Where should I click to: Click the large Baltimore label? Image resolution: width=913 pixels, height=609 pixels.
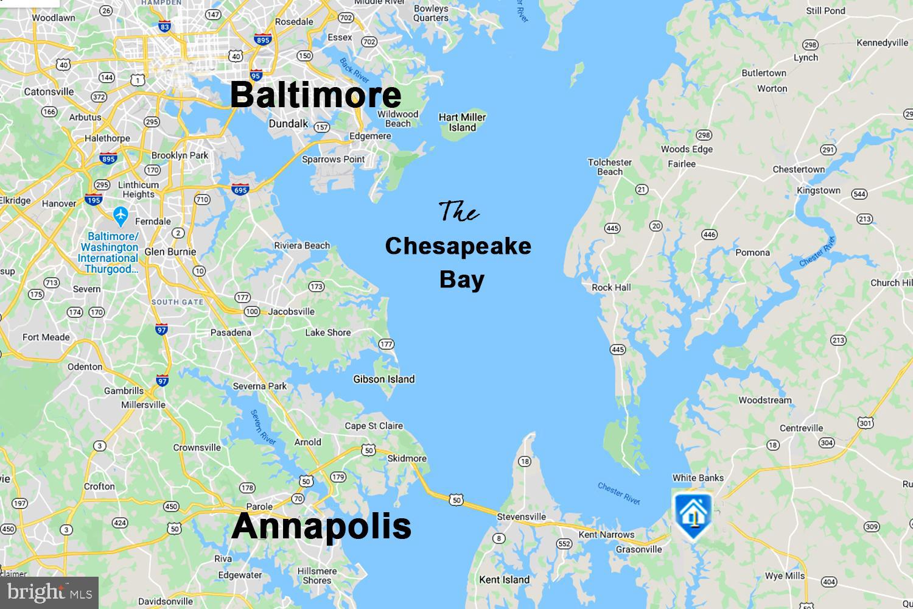click(316, 96)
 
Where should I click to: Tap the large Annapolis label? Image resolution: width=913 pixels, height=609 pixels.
click(321, 526)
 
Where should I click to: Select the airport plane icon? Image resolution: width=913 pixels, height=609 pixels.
click(121, 215)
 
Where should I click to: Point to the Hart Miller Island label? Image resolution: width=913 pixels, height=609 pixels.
click(462, 122)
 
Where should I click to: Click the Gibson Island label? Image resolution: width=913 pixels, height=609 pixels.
click(384, 379)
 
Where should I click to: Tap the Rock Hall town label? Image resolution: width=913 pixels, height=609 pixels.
click(611, 287)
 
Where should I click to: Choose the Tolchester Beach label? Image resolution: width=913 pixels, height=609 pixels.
click(610, 167)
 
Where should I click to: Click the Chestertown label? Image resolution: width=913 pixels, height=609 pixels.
click(799, 169)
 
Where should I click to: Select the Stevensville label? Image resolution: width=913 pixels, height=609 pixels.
click(521, 517)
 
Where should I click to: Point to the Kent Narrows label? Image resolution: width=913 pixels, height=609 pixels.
click(606, 535)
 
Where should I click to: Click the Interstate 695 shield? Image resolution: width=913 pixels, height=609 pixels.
click(240, 189)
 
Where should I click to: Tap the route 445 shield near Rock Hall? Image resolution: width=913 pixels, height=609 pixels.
click(618, 349)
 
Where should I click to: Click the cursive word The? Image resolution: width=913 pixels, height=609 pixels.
click(458, 212)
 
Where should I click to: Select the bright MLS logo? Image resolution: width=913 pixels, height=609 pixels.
click(49, 592)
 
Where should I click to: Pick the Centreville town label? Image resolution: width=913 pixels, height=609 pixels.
click(801, 428)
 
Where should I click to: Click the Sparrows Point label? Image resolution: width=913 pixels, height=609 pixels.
click(333, 160)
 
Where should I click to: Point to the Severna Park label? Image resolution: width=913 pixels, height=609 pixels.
click(259, 386)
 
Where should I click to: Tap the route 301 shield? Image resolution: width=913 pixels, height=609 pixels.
click(866, 422)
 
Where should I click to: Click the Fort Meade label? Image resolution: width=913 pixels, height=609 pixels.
click(46, 337)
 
